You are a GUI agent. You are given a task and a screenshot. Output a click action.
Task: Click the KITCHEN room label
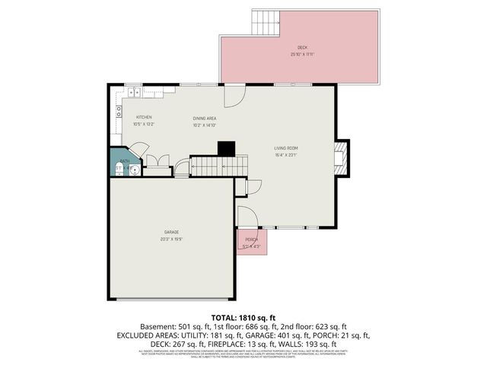point(144,116)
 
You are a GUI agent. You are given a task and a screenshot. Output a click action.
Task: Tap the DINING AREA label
point(205,119)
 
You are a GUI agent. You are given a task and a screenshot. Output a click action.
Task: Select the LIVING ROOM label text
point(286,148)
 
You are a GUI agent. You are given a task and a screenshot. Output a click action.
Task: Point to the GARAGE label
point(171,232)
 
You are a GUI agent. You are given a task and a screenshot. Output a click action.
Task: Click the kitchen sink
point(133,92)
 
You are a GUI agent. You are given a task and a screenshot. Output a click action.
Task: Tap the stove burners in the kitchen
point(119,112)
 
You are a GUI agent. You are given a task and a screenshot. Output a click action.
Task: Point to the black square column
point(226,148)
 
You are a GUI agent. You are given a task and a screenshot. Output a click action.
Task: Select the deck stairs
point(266,24)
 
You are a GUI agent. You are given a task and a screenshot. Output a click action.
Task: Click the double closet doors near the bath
point(157,161)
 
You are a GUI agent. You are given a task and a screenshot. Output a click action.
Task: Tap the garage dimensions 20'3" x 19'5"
point(171,240)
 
